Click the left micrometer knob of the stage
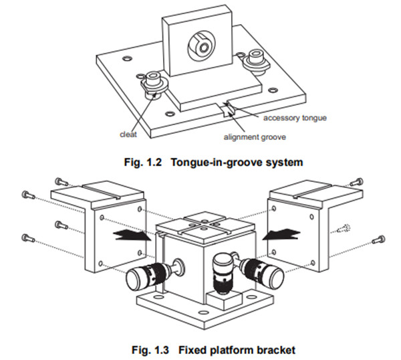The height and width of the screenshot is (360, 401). click(x=143, y=274)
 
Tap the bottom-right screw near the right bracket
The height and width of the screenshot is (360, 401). click(x=378, y=238)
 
